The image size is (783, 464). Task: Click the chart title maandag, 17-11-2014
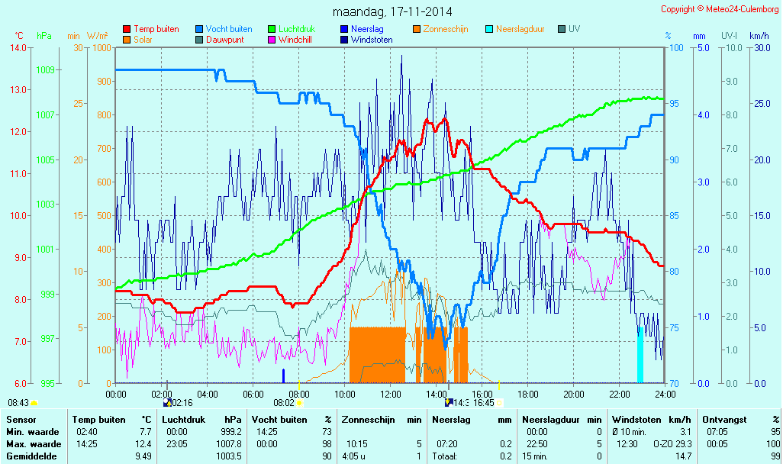(392, 12)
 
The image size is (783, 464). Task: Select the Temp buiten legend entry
(156, 29)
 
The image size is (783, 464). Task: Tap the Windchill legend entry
(294, 40)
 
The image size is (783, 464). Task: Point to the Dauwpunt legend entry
(224, 40)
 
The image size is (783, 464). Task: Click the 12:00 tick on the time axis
(391, 394)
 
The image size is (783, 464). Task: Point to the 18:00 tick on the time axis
(528, 394)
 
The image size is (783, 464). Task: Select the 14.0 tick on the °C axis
(19, 47)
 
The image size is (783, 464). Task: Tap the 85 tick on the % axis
(674, 215)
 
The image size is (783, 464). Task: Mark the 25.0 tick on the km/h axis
(759, 104)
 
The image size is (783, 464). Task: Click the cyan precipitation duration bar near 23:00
(641, 355)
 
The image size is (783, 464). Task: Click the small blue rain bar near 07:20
(283, 375)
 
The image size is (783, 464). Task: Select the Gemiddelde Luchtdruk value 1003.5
(228, 456)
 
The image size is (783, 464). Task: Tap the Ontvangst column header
(720, 419)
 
